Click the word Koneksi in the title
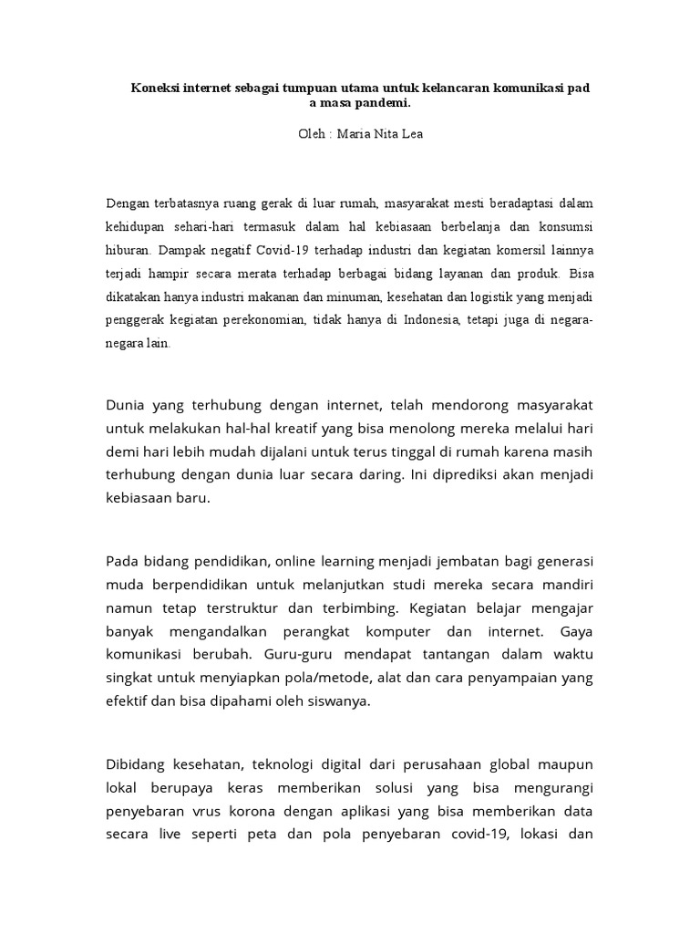[153, 88]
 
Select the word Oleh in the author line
[312, 134]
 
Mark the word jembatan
[481, 559]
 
